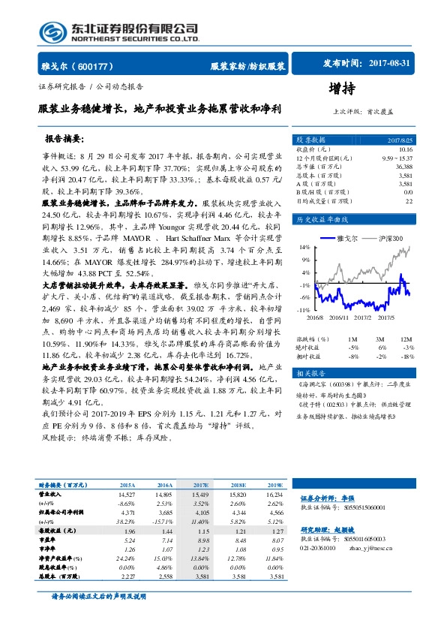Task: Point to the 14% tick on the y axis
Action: [x=305, y=246]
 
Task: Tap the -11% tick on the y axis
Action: [x=304, y=308]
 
